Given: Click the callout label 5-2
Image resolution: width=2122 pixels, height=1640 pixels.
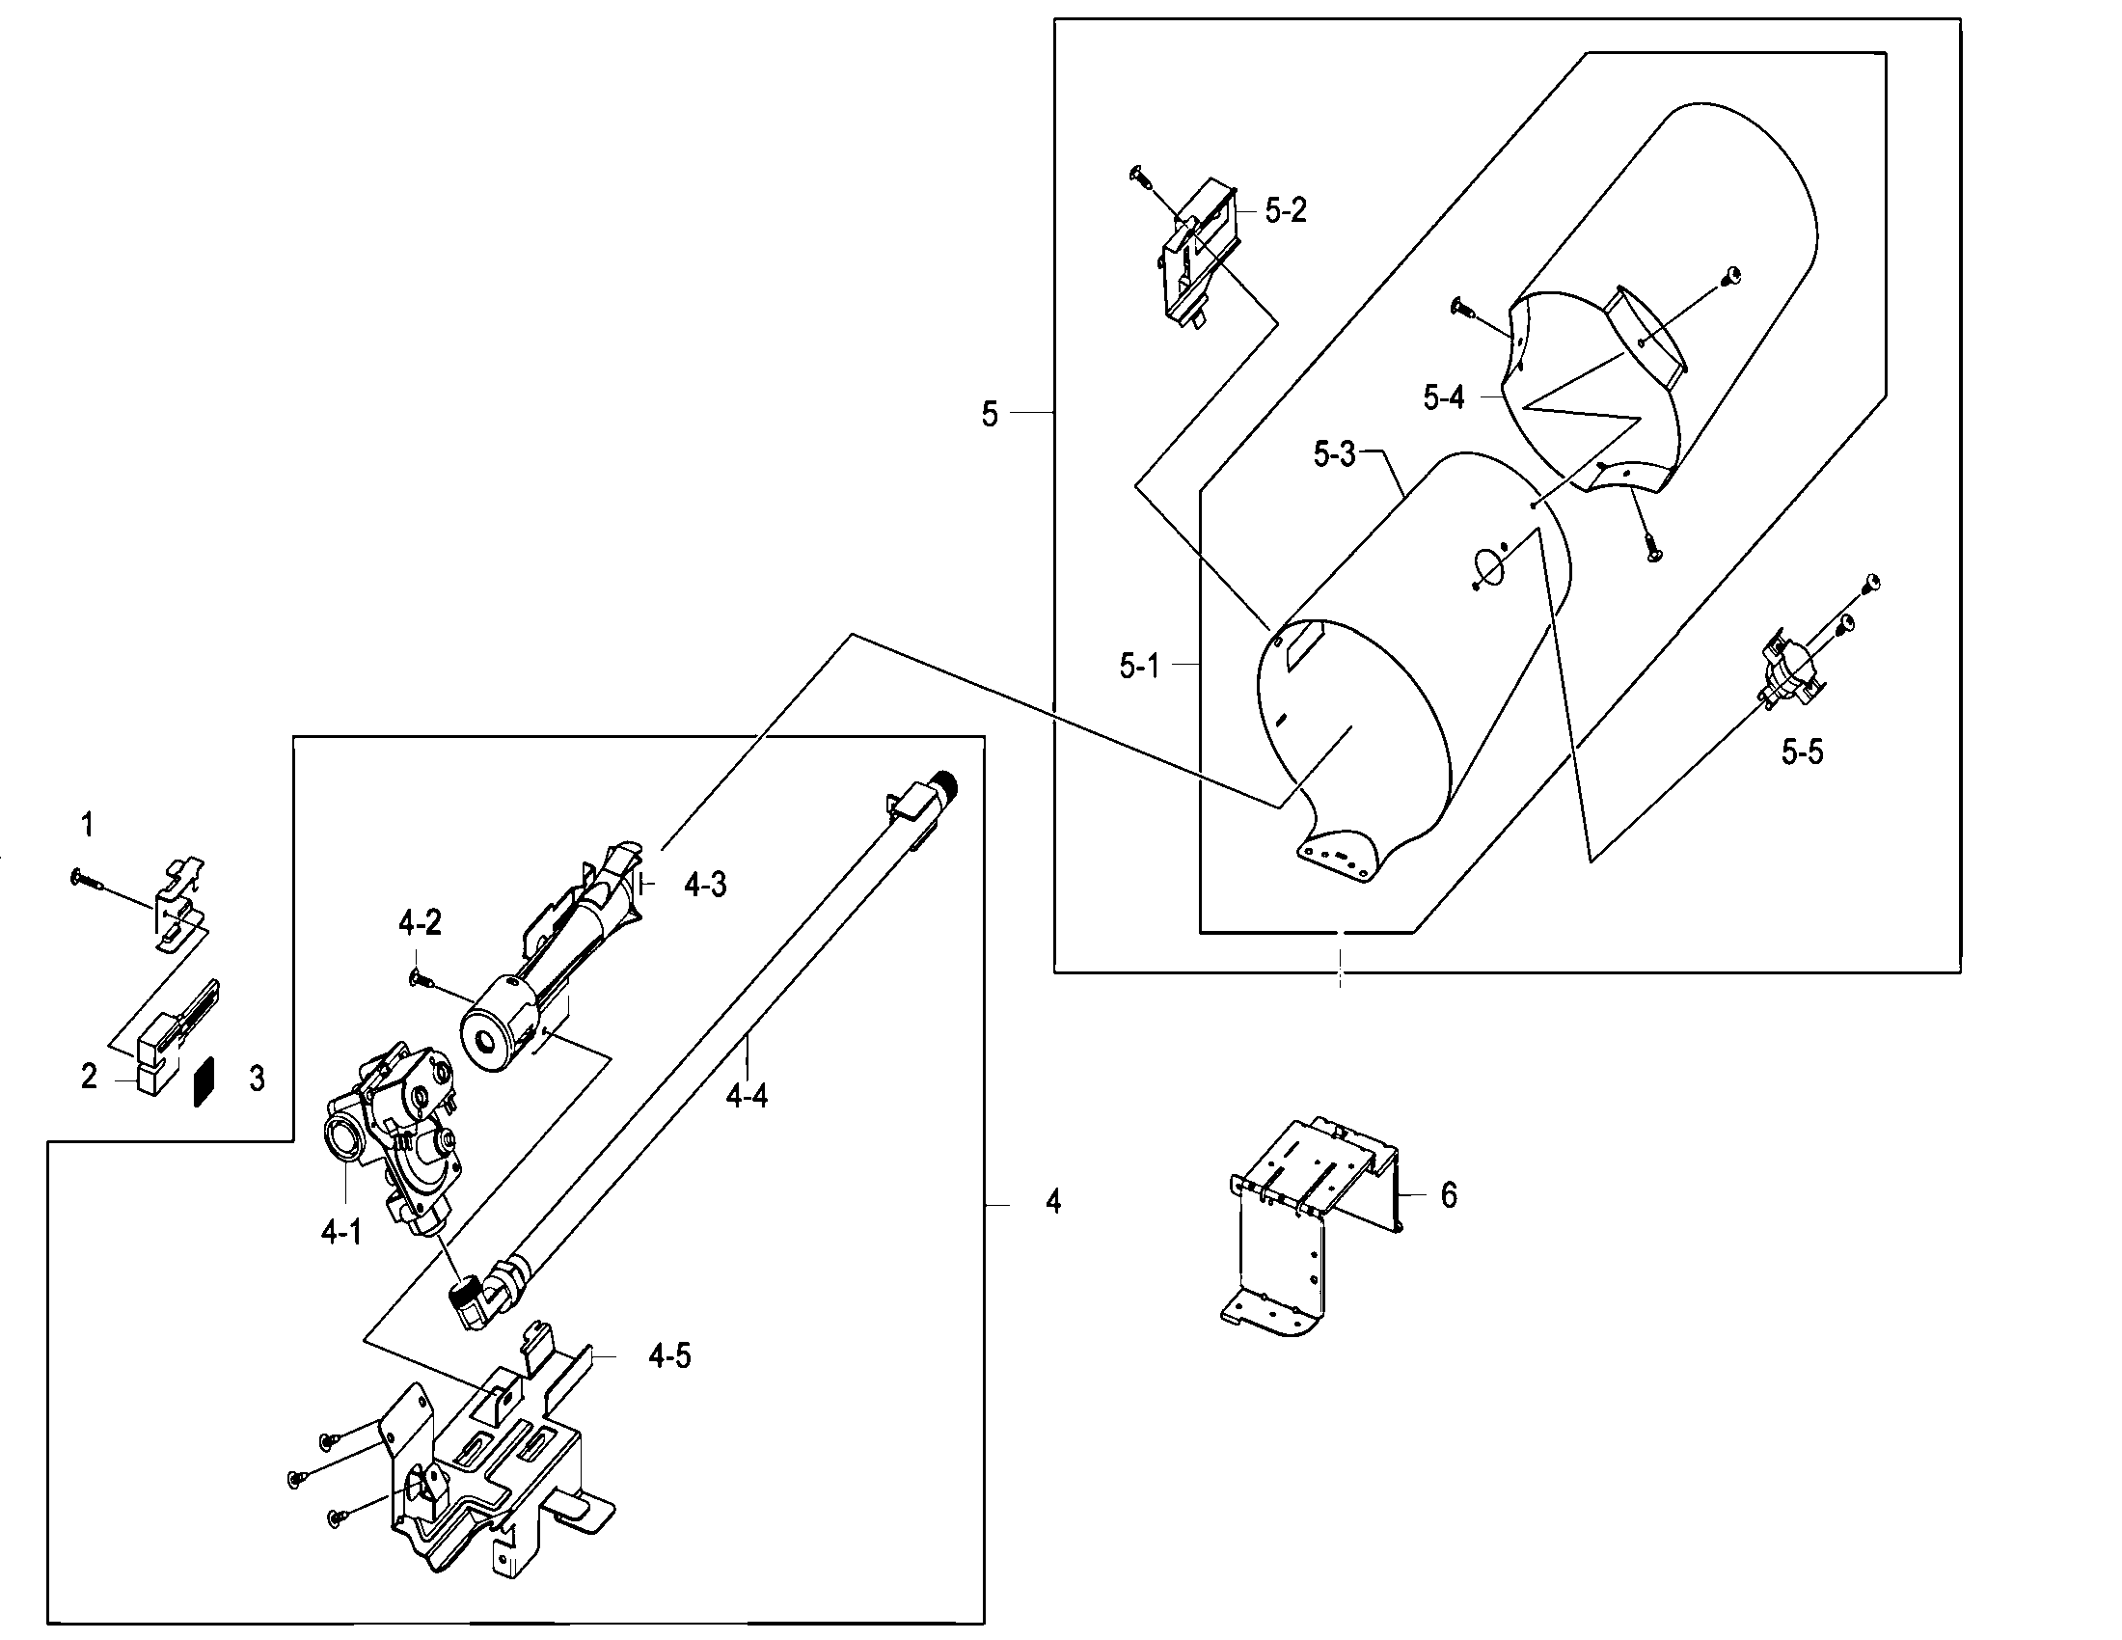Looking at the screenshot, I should (x=1285, y=211).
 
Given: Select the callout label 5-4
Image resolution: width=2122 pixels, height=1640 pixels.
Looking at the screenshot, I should (x=1443, y=397).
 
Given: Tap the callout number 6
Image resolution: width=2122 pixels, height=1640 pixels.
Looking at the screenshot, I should (x=1448, y=1195).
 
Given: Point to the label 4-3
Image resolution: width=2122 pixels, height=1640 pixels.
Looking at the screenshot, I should (x=704, y=885).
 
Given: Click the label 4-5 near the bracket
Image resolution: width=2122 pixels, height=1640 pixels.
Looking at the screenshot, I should (x=669, y=1356).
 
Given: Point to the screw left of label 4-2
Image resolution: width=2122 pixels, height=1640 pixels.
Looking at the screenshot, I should (x=421, y=979).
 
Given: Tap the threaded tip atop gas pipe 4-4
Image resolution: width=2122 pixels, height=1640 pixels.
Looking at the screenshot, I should (x=944, y=783).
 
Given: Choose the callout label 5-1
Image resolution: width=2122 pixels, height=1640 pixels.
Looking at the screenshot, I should (x=1139, y=667).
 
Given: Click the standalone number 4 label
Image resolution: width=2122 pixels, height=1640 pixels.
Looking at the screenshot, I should (x=1053, y=1203).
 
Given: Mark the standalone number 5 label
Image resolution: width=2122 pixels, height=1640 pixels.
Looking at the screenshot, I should (x=989, y=415).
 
